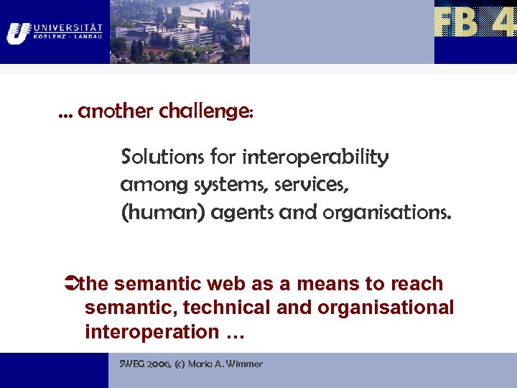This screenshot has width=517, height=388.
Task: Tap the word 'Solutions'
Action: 163,157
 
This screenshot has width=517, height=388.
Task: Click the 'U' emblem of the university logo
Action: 18,32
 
